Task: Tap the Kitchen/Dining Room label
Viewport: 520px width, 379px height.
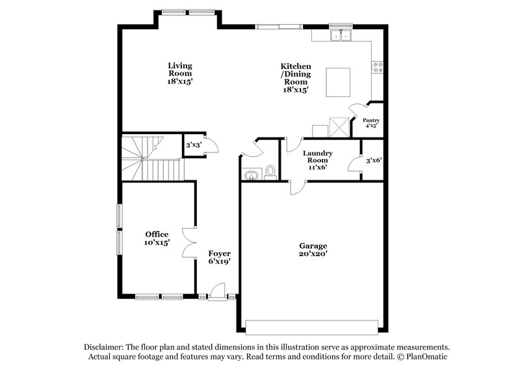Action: pos(296,78)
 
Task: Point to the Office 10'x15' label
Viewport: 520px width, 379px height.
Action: pos(157,238)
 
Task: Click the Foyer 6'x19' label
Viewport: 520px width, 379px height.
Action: pos(219,257)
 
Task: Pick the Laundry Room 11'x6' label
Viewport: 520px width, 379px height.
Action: pos(318,160)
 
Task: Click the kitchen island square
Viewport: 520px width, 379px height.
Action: pos(338,82)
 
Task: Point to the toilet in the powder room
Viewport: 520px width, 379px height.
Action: pos(270,172)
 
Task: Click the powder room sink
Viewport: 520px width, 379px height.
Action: pos(251,174)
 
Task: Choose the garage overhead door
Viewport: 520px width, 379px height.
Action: pos(311,326)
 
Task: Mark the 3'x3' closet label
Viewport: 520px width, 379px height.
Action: pos(192,145)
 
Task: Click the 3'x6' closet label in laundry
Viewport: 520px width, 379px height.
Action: pos(372,160)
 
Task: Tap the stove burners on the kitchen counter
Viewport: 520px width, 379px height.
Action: pos(376,67)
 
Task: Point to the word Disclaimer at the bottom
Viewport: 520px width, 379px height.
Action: pos(104,347)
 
